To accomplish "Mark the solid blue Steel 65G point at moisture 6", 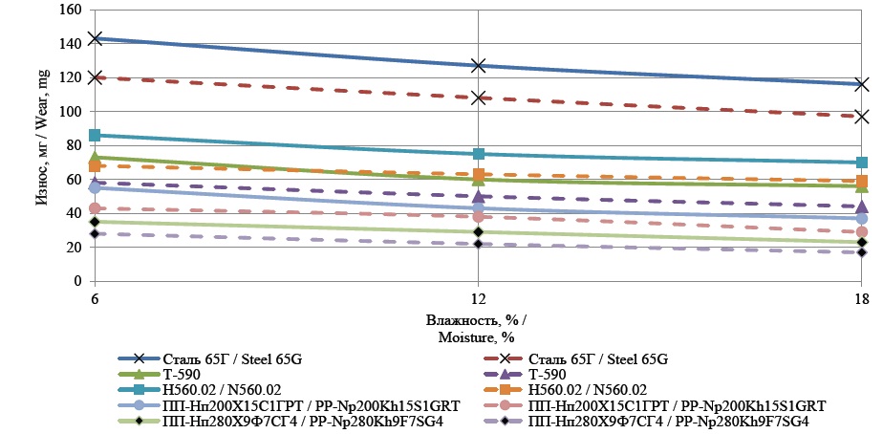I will tap(95, 38).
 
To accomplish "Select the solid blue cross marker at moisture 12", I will tap(478, 66).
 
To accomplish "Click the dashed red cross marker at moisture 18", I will tap(862, 117).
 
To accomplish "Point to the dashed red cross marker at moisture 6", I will tap(95, 77).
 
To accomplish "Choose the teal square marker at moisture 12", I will tap(478, 154).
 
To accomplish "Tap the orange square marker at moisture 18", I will tap(862, 182).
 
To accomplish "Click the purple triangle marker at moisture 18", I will tap(862, 206).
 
